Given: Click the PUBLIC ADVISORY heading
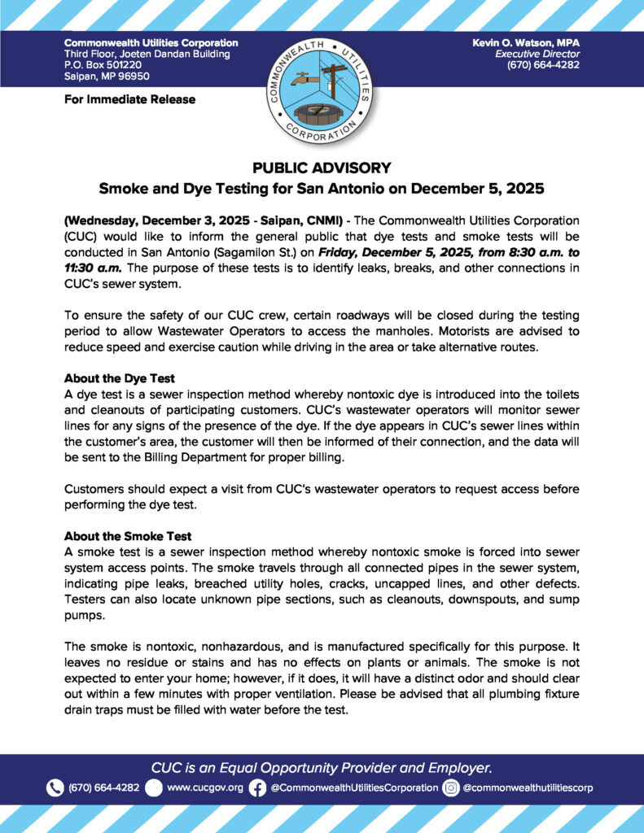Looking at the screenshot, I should point(322,168).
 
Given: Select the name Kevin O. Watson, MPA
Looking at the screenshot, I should point(526,42).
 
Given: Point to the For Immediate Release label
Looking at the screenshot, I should point(129,99).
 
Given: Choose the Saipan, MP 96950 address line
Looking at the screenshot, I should point(106,76).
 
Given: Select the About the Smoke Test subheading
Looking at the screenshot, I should point(128,536).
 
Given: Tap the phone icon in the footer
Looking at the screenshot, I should point(55,787).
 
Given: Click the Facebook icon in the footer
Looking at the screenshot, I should point(257,787).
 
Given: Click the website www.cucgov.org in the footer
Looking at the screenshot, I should point(204,787).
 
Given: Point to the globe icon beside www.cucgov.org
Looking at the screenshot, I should point(154,787).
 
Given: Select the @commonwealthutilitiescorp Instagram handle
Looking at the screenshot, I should point(528,787).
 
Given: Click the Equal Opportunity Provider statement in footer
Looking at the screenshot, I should point(322,767).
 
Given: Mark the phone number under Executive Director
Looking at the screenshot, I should point(543,65).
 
